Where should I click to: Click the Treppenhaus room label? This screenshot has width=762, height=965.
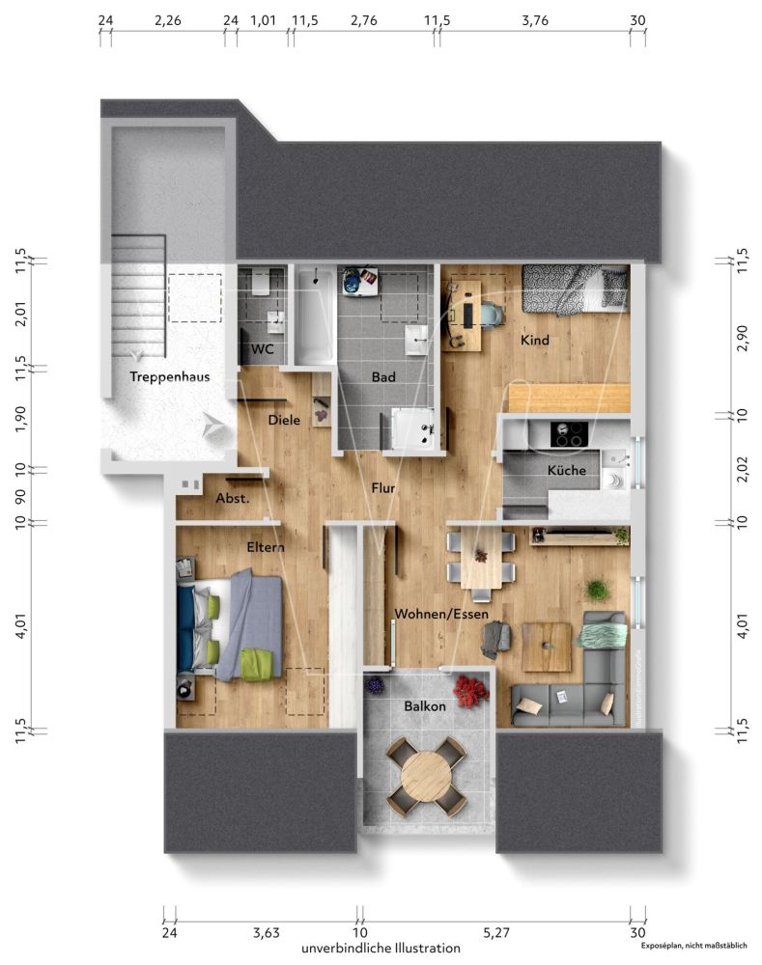click(x=170, y=376)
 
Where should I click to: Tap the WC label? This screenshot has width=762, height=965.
click(x=264, y=348)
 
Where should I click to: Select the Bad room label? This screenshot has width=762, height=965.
click(x=383, y=377)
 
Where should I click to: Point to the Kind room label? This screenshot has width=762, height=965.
click(x=534, y=341)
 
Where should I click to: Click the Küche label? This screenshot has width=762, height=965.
click(x=567, y=470)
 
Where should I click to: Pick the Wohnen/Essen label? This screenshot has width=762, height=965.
click(x=441, y=613)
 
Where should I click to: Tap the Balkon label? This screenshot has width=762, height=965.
click(x=425, y=705)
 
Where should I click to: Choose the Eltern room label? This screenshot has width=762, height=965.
click(x=266, y=547)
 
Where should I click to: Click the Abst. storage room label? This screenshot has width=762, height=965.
click(x=233, y=499)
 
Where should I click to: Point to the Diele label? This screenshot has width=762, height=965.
click(x=284, y=420)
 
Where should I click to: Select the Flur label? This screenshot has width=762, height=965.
click(x=383, y=488)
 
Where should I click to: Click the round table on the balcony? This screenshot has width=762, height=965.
click(x=426, y=773)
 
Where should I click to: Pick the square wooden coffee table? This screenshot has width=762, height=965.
click(x=547, y=646)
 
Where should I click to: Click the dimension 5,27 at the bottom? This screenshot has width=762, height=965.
click(x=494, y=933)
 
